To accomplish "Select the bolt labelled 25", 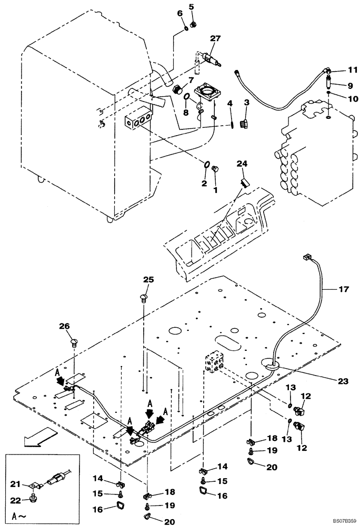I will [145, 299].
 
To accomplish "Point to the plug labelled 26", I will [74, 343].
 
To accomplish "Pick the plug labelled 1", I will [215, 169].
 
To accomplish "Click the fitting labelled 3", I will [243, 125].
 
